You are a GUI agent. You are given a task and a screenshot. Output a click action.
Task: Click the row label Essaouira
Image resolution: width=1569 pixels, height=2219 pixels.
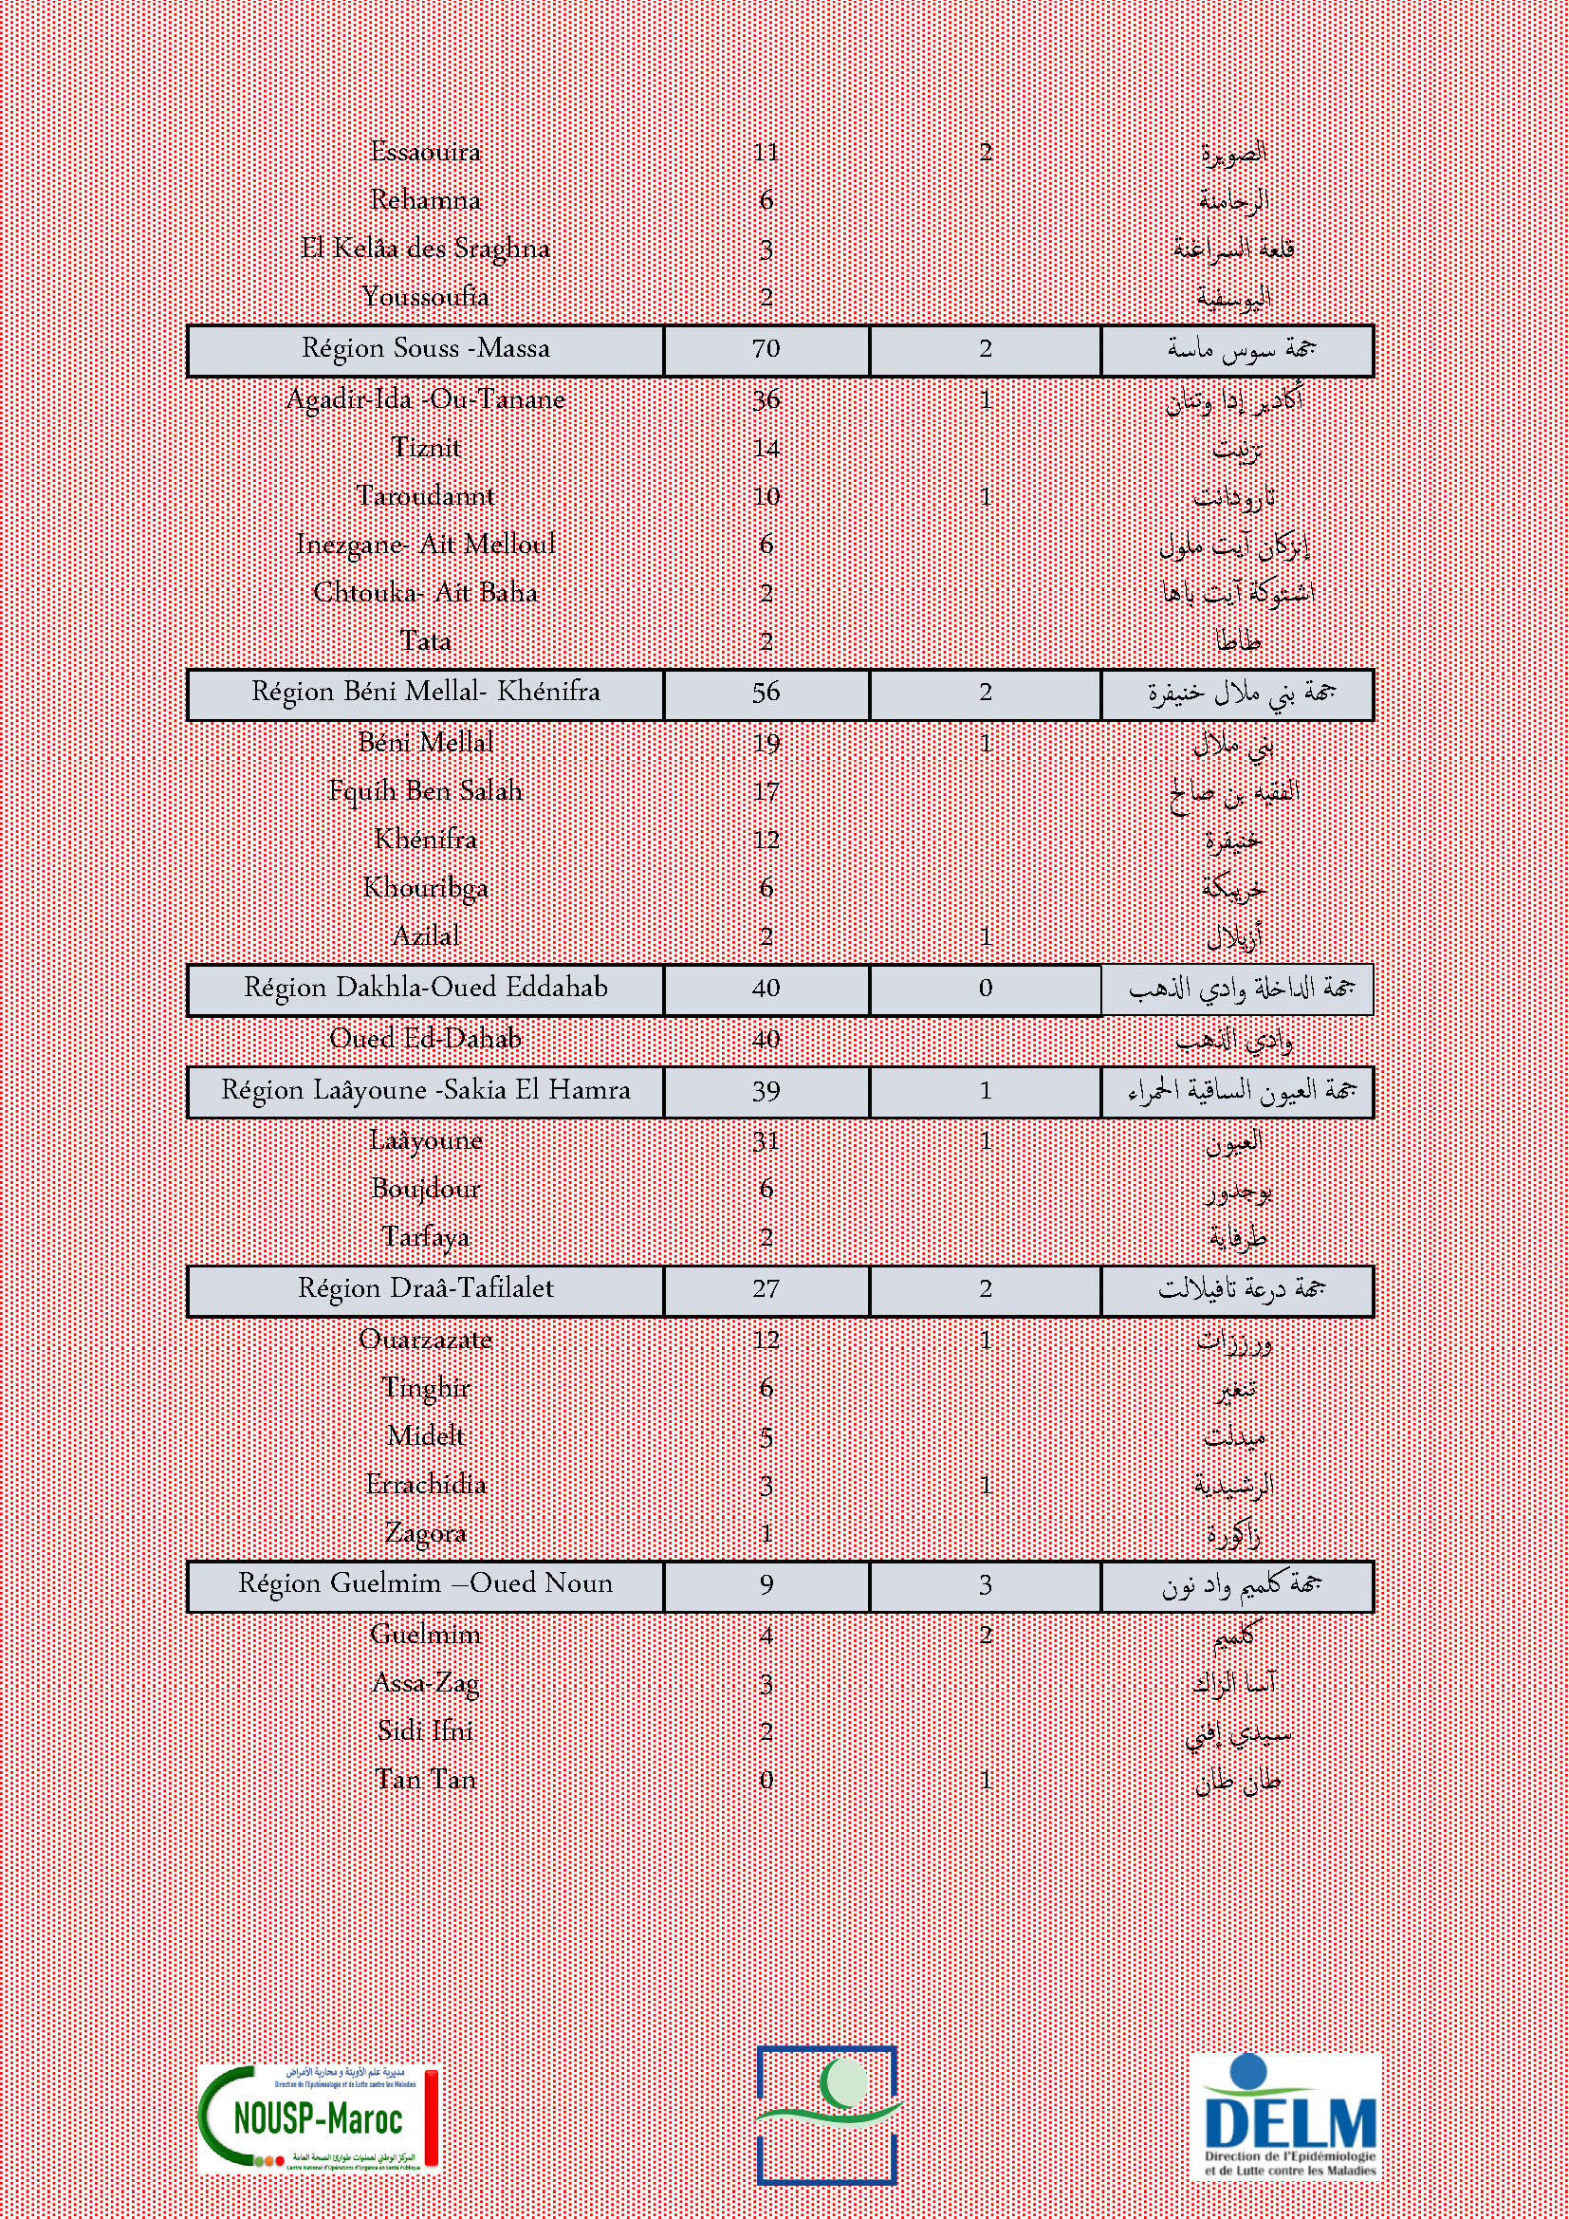[x=425, y=152]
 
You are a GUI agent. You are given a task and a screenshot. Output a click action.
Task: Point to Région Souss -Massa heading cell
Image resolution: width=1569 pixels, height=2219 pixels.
[x=425, y=349]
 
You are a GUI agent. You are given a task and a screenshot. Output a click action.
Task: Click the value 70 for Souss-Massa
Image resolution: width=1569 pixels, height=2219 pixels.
[x=766, y=349]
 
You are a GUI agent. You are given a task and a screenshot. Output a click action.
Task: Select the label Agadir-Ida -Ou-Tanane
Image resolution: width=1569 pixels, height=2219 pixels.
[x=425, y=399]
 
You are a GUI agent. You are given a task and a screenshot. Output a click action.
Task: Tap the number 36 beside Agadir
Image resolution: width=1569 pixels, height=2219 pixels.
[x=766, y=399]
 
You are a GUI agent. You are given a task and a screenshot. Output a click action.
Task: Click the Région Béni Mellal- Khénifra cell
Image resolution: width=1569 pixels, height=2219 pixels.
[x=425, y=693]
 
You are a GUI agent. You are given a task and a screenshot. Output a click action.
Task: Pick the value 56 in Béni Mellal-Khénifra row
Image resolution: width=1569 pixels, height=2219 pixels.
[x=766, y=693]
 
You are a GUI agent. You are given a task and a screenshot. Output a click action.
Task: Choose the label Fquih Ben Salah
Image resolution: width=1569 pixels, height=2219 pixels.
[x=425, y=791]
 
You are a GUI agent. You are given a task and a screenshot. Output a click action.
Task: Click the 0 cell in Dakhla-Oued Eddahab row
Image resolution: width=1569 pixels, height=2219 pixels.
[x=985, y=989]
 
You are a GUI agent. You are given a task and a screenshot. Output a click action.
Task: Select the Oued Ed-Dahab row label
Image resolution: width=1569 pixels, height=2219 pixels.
[x=425, y=1039]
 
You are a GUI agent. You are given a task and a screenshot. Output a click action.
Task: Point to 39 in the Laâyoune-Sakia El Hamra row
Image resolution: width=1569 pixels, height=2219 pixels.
[x=766, y=1091]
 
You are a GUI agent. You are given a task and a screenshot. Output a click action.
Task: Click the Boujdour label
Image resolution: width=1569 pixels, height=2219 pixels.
[x=425, y=1189]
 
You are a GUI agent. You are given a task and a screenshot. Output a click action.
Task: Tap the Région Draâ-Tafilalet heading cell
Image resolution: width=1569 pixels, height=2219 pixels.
[x=425, y=1289]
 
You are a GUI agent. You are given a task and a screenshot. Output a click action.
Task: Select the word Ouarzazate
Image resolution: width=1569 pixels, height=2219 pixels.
[x=425, y=1340]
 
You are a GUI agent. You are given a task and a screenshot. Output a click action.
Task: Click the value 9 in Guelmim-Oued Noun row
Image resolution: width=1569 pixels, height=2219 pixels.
[x=766, y=1585]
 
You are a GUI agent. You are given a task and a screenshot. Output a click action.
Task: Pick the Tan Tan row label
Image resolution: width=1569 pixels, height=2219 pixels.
[x=425, y=1779]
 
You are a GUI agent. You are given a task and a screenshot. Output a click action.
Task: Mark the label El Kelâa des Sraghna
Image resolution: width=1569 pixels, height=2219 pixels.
[x=425, y=250]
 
